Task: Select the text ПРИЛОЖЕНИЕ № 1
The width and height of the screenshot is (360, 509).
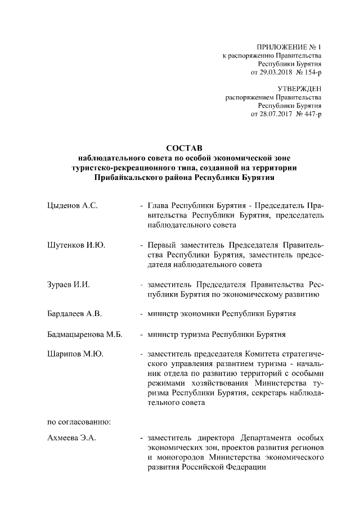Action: click(x=290, y=47)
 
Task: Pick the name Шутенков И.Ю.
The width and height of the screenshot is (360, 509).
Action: click(x=75, y=245)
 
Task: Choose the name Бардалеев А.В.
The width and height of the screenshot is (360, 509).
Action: click(x=74, y=314)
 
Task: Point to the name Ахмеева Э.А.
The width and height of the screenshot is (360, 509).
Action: click(x=72, y=438)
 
